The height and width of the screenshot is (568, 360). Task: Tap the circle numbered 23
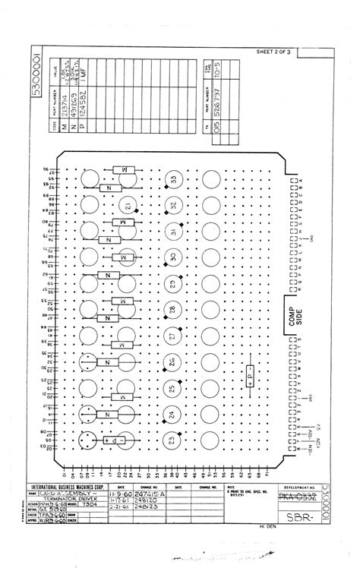coord(174,440)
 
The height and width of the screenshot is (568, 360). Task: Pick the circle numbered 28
coord(173,310)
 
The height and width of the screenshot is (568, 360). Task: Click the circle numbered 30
coord(174,257)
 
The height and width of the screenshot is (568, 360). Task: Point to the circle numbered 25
coord(174,389)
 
